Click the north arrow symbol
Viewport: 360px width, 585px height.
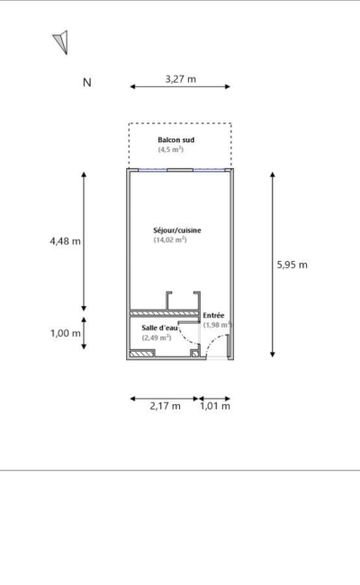pos(62,41)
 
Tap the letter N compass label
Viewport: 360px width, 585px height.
pos(87,83)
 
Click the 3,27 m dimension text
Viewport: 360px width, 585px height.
pos(181,79)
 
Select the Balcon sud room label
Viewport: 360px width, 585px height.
pos(176,139)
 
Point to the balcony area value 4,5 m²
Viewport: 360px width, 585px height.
pos(171,149)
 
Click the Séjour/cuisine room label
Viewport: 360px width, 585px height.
pos(177,230)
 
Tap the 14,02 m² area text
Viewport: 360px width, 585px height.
pos(170,240)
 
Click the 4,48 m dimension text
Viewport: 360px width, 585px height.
pos(66,241)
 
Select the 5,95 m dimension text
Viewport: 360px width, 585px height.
pos(292,265)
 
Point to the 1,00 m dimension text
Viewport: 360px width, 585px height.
pos(66,333)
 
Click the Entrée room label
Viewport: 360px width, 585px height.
pos(214,315)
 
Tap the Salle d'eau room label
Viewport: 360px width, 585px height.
pos(159,328)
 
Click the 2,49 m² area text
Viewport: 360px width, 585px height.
pos(157,337)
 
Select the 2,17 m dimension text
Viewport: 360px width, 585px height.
pos(166,406)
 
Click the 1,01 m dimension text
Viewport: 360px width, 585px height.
pos(215,406)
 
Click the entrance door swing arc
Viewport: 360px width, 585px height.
pos(211,342)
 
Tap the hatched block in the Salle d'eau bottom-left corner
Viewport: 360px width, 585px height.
pos(142,353)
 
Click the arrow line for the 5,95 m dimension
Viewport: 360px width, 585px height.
pos(273,265)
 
